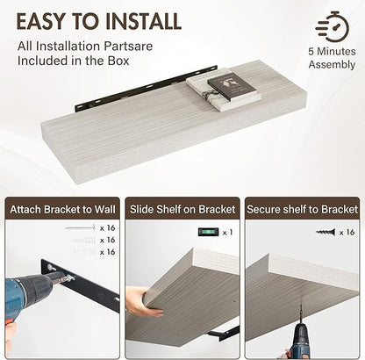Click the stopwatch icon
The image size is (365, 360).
pyautogui.click(x=333, y=27)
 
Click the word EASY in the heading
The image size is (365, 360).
pyautogui.click(x=40, y=21)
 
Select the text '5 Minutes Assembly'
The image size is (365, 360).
pyautogui.click(x=332, y=58)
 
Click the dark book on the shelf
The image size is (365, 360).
pyautogui.click(x=233, y=86)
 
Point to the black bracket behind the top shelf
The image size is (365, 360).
pyautogui.click(x=147, y=88)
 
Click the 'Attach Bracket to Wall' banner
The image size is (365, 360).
pyautogui.click(x=62, y=209)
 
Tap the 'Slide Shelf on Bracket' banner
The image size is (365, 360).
pyautogui.click(x=182, y=209)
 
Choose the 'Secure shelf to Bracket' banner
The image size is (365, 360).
pyautogui.click(x=302, y=209)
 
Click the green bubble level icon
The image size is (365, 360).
pyautogui.click(x=208, y=232)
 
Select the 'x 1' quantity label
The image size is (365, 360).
pyautogui.click(x=227, y=233)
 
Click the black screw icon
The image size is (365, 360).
pyautogui.click(x=326, y=233)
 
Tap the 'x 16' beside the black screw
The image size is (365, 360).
pyautogui.click(x=347, y=233)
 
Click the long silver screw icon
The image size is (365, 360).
pyautogui.click(x=81, y=227)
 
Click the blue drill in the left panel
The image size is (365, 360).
pyautogui.click(x=29, y=296)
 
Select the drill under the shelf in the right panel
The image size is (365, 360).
pyautogui.click(x=301, y=335)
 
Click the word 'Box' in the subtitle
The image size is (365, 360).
pyautogui.click(x=118, y=61)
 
